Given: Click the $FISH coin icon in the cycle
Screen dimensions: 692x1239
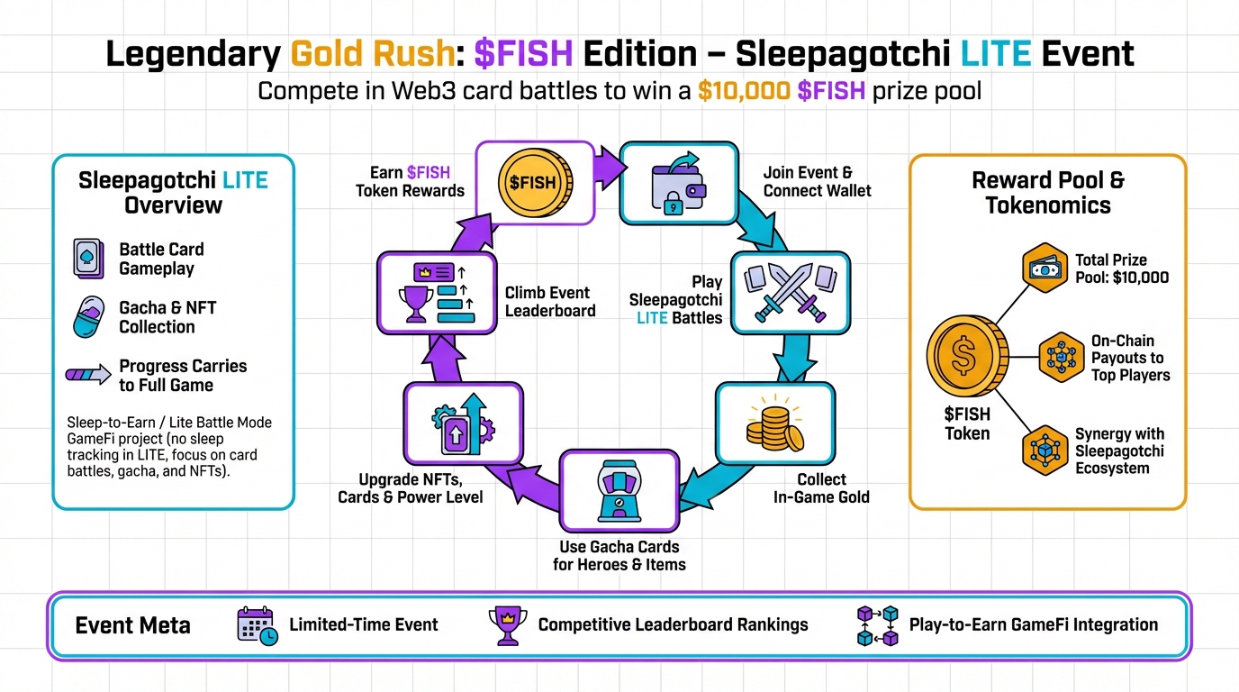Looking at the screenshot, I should pyautogui.click(x=534, y=183).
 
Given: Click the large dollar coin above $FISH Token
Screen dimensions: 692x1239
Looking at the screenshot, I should pyautogui.click(x=967, y=359).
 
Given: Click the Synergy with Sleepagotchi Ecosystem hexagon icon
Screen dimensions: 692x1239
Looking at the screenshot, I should pyautogui.click(x=1045, y=451).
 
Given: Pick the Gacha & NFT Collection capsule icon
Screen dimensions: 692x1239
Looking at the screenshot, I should pyautogui.click(x=91, y=317).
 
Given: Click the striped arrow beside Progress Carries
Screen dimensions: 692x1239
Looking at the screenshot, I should pyautogui.click(x=91, y=375).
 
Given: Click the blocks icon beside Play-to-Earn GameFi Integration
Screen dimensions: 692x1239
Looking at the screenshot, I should pyautogui.click(x=877, y=625).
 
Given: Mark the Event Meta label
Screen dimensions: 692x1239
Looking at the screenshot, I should pyautogui.click(x=132, y=625).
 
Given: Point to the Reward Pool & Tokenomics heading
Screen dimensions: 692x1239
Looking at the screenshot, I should pyautogui.click(x=1047, y=192).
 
